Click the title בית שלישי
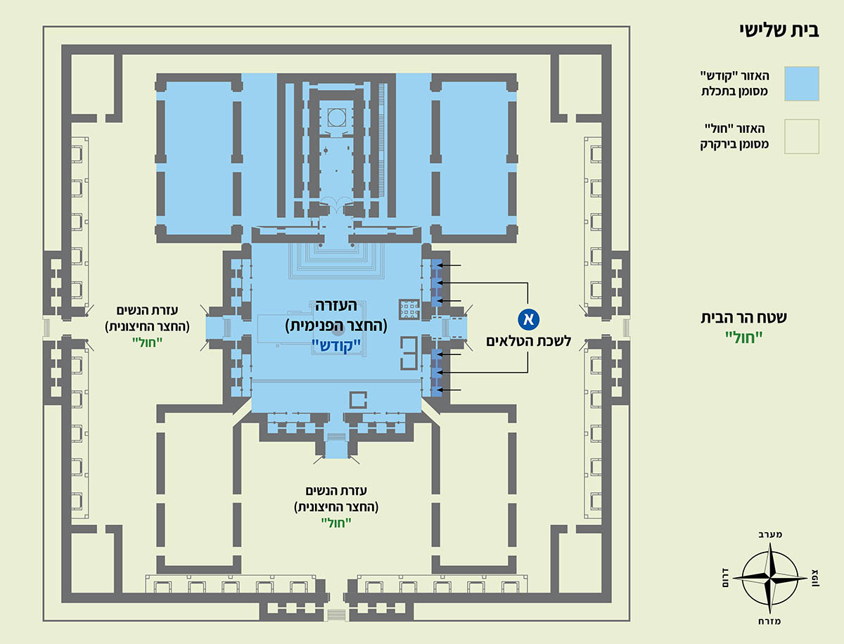779,31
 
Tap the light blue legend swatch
802,84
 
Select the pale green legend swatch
802,136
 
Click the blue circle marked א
528,319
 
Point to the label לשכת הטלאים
528,341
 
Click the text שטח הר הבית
743,318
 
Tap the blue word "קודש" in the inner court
336,346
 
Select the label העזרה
336,306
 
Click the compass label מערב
770,534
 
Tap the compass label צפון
815,577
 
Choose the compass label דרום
725,578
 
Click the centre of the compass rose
770,577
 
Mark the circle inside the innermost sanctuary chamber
336,117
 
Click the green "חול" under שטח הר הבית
743,337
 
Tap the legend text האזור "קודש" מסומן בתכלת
734,84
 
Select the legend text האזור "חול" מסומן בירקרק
734,136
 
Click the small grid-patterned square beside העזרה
409,309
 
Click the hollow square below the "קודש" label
358,400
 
